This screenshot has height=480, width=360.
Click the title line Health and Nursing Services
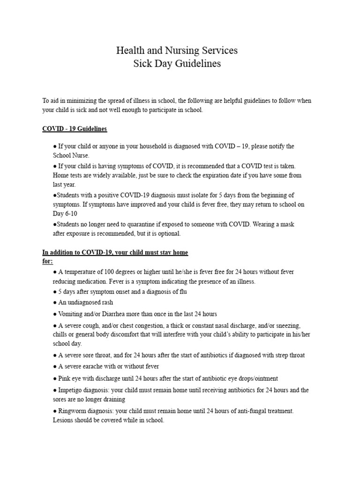177,50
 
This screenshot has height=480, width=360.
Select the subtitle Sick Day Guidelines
177,64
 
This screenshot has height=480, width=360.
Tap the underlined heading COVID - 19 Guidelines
75,128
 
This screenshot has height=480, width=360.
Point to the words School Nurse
70,155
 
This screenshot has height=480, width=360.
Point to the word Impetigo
72,390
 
